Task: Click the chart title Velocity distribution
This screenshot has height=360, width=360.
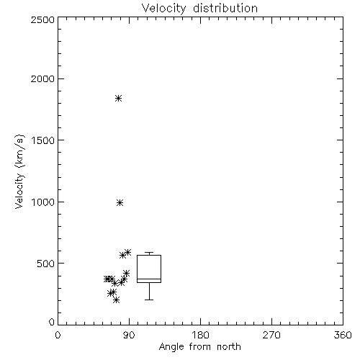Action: pos(199,8)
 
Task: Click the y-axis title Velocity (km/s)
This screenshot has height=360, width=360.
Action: pos(19,172)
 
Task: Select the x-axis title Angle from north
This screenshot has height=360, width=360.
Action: pos(199,347)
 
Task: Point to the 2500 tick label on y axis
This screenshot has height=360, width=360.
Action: pos(42,19)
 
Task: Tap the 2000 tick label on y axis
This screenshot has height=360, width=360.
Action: pos(42,78)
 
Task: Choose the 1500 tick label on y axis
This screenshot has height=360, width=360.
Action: pos(43,140)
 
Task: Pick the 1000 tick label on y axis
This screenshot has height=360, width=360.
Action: pos(43,202)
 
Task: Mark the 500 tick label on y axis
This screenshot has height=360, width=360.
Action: pos(46,264)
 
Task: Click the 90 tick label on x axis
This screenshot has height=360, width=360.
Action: pos(129,335)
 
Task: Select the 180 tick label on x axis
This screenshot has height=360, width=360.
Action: pos(200,335)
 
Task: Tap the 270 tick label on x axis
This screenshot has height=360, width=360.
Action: pos(271,335)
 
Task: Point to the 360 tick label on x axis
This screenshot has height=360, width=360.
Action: pos(343,335)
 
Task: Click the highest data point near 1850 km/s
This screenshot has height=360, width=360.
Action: pos(118,98)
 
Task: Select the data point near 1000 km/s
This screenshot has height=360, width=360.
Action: pos(120,203)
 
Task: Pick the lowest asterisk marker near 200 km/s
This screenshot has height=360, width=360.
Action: pos(116,300)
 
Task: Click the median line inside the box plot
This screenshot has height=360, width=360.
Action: pos(149,279)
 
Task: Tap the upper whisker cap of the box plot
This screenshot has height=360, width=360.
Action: pos(149,253)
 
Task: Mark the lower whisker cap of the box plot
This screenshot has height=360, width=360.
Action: pos(149,300)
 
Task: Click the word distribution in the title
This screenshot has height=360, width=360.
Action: pos(225,8)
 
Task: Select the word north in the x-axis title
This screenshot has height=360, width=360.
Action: pos(229,347)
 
